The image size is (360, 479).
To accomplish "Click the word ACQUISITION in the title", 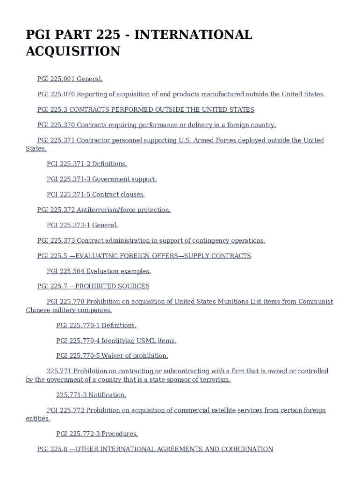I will (x=72, y=51).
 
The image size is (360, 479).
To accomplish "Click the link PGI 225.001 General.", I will (x=70, y=79).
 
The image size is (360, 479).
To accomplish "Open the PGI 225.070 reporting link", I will (x=181, y=94).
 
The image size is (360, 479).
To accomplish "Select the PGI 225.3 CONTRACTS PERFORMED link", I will (x=145, y=109).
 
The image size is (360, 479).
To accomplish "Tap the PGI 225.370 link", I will (x=157, y=125).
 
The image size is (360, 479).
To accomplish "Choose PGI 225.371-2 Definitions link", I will (x=86, y=164).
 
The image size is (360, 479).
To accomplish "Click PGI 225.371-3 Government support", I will (x=101, y=179).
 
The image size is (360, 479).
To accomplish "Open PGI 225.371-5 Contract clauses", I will (x=95, y=194).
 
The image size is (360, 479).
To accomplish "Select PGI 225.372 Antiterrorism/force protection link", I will (x=104, y=210).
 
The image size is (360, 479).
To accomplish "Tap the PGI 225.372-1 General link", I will (x=82, y=225).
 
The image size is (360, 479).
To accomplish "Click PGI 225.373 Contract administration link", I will (x=151, y=240).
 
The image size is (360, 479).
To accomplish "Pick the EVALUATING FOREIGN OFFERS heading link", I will (x=144, y=256).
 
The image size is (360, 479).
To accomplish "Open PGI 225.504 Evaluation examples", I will (x=99, y=271).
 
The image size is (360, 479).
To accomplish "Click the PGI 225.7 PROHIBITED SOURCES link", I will (x=93, y=286).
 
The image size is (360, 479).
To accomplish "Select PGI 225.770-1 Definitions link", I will (x=96, y=325).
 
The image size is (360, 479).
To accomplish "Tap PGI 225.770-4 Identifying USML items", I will (x=116, y=341).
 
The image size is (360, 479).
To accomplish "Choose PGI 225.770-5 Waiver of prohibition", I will (x=112, y=356).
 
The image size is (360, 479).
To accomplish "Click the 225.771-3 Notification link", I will (x=91, y=395).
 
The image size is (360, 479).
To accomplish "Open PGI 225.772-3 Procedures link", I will (x=97, y=434).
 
